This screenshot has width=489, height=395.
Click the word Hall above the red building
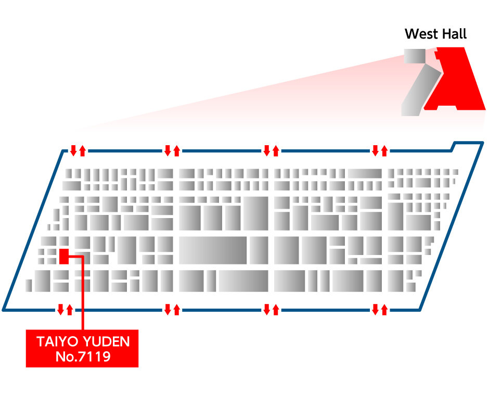tap(452, 34)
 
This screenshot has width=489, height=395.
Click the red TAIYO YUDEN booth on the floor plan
tap(64, 256)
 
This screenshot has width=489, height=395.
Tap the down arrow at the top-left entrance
tap(73, 151)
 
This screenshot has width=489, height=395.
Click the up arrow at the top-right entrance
tap(384, 151)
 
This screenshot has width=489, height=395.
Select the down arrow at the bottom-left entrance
tap(60, 310)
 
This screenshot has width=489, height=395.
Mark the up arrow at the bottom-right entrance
tap(384, 310)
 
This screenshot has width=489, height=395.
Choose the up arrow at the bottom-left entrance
tap(69, 310)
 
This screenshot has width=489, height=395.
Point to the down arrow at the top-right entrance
tap(375, 151)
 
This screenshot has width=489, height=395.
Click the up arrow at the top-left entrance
tap(82, 151)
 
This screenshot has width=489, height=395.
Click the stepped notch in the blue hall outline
tap(454, 146)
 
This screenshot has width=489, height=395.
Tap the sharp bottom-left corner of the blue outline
tap(4, 309)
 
